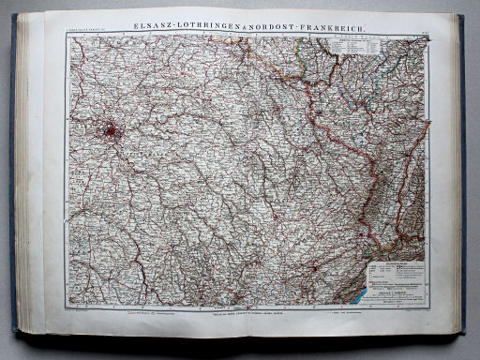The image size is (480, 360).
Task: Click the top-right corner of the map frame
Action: click(x=429, y=36)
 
